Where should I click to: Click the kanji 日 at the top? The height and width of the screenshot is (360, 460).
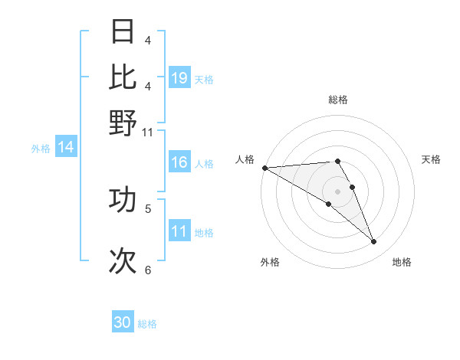(x=123, y=32)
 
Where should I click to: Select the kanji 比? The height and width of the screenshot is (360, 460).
(x=123, y=77)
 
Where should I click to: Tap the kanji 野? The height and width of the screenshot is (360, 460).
(x=123, y=122)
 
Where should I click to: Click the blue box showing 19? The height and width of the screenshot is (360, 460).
(x=179, y=78)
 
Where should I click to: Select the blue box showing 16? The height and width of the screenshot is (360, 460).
(x=179, y=163)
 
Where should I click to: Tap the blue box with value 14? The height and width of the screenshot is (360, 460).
(x=66, y=147)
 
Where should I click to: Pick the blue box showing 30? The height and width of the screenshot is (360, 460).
(x=123, y=322)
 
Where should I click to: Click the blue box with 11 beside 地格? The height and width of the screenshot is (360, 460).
(x=179, y=231)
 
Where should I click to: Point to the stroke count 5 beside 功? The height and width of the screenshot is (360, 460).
(x=147, y=208)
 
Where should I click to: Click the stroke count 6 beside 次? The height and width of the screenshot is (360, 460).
(x=147, y=270)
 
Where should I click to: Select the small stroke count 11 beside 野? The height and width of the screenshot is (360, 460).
(x=147, y=132)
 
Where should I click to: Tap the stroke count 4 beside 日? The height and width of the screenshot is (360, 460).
(x=147, y=41)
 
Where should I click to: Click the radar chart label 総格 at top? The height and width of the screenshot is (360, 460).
(x=337, y=100)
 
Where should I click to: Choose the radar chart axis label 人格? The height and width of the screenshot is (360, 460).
(x=245, y=159)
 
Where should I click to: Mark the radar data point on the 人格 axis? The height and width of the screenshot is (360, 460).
(x=264, y=168)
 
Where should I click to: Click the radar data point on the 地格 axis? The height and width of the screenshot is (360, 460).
(x=374, y=242)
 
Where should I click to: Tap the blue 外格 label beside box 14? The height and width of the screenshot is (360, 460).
(x=41, y=149)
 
